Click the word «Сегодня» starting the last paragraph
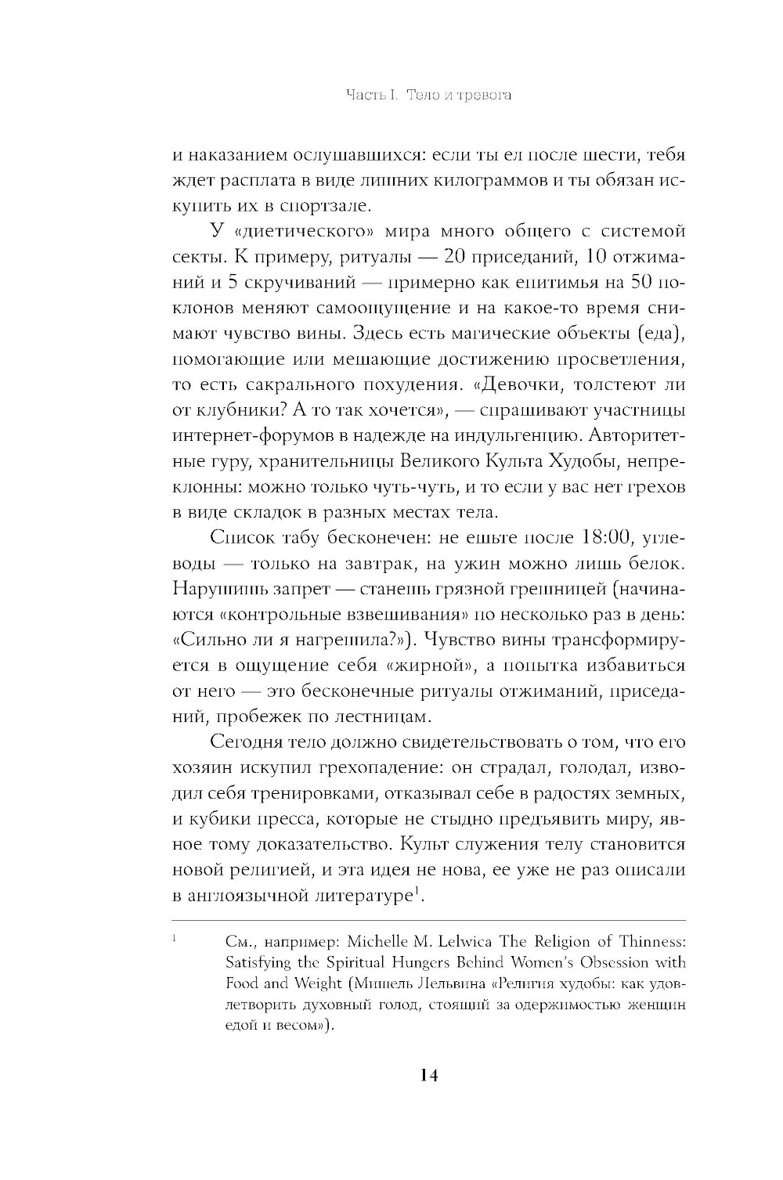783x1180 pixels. click(248, 742)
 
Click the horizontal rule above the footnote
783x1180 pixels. click(428, 920)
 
